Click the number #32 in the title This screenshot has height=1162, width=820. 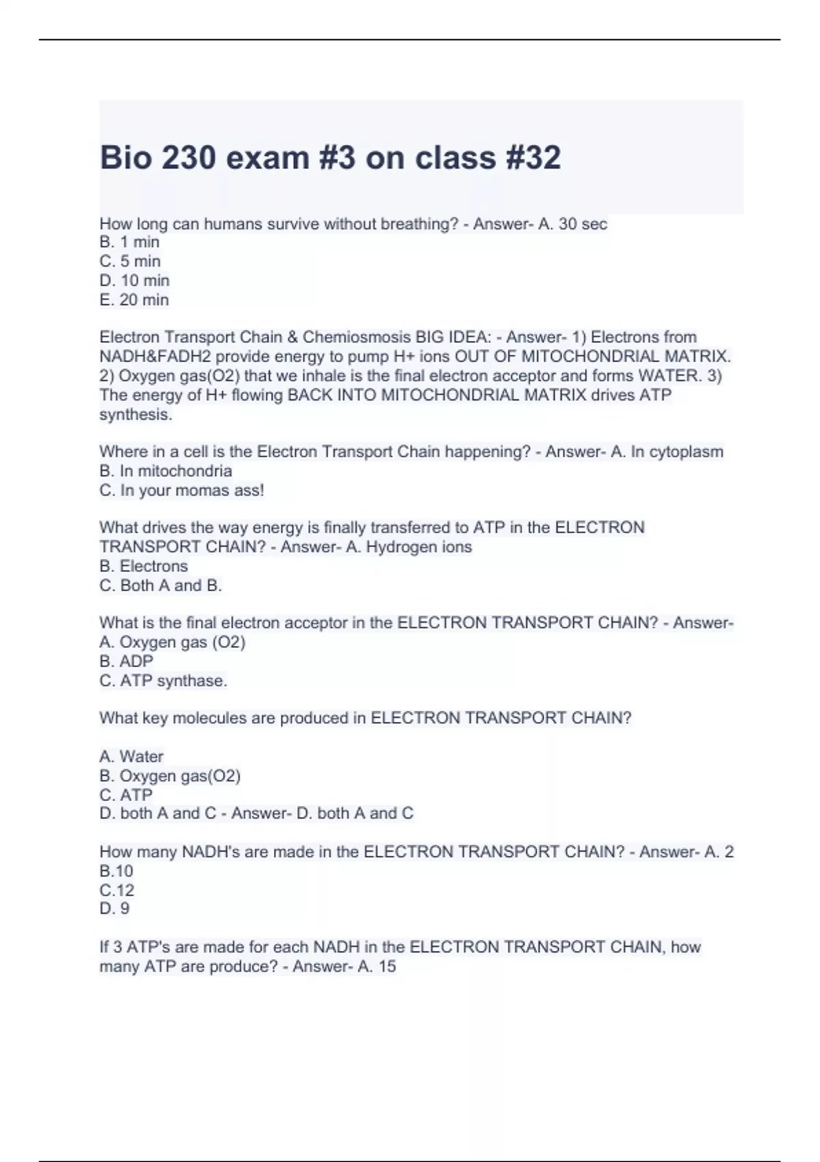click(534, 158)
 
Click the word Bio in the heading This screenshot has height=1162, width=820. click(124, 158)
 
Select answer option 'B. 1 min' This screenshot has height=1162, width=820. click(130, 242)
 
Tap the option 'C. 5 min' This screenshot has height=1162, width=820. click(130, 261)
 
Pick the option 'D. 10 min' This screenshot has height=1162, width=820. click(135, 280)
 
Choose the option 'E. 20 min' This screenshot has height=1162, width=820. click(134, 299)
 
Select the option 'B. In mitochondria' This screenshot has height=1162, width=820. click(166, 471)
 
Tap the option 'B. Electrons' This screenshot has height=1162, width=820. click(143, 566)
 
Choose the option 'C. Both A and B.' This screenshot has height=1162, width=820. click(161, 585)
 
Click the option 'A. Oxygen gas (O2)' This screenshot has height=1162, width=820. click(172, 642)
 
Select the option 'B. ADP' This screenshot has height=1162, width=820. click(126, 661)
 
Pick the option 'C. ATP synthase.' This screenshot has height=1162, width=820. click(163, 681)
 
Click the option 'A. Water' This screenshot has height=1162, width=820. click(131, 757)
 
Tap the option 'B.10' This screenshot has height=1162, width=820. click(116, 871)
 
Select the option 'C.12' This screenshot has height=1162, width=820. click(117, 890)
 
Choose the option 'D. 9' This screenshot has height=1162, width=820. click(115, 908)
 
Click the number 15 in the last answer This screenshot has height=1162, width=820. click(387, 967)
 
